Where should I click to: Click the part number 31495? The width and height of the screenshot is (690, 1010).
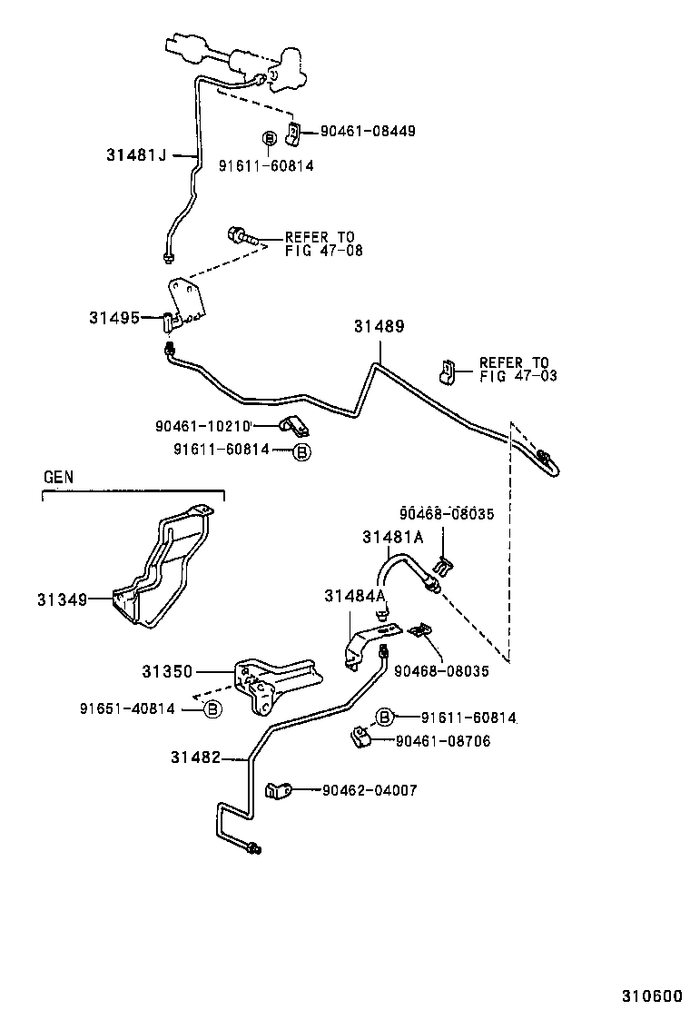(x=113, y=317)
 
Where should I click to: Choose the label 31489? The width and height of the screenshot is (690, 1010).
(x=379, y=326)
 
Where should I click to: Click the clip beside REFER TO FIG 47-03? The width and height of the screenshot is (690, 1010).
(x=446, y=370)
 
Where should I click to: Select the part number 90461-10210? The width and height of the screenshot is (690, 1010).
(x=202, y=424)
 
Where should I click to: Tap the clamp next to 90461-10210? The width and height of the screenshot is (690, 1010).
(x=291, y=424)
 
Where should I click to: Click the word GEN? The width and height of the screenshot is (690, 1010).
(x=59, y=477)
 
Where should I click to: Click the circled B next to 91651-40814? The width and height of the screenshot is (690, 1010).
(x=212, y=708)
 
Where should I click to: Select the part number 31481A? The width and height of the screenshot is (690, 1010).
(x=392, y=537)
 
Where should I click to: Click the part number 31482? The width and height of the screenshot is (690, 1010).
(x=195, y=757)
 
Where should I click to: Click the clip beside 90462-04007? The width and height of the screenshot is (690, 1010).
(x=277, y=790)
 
